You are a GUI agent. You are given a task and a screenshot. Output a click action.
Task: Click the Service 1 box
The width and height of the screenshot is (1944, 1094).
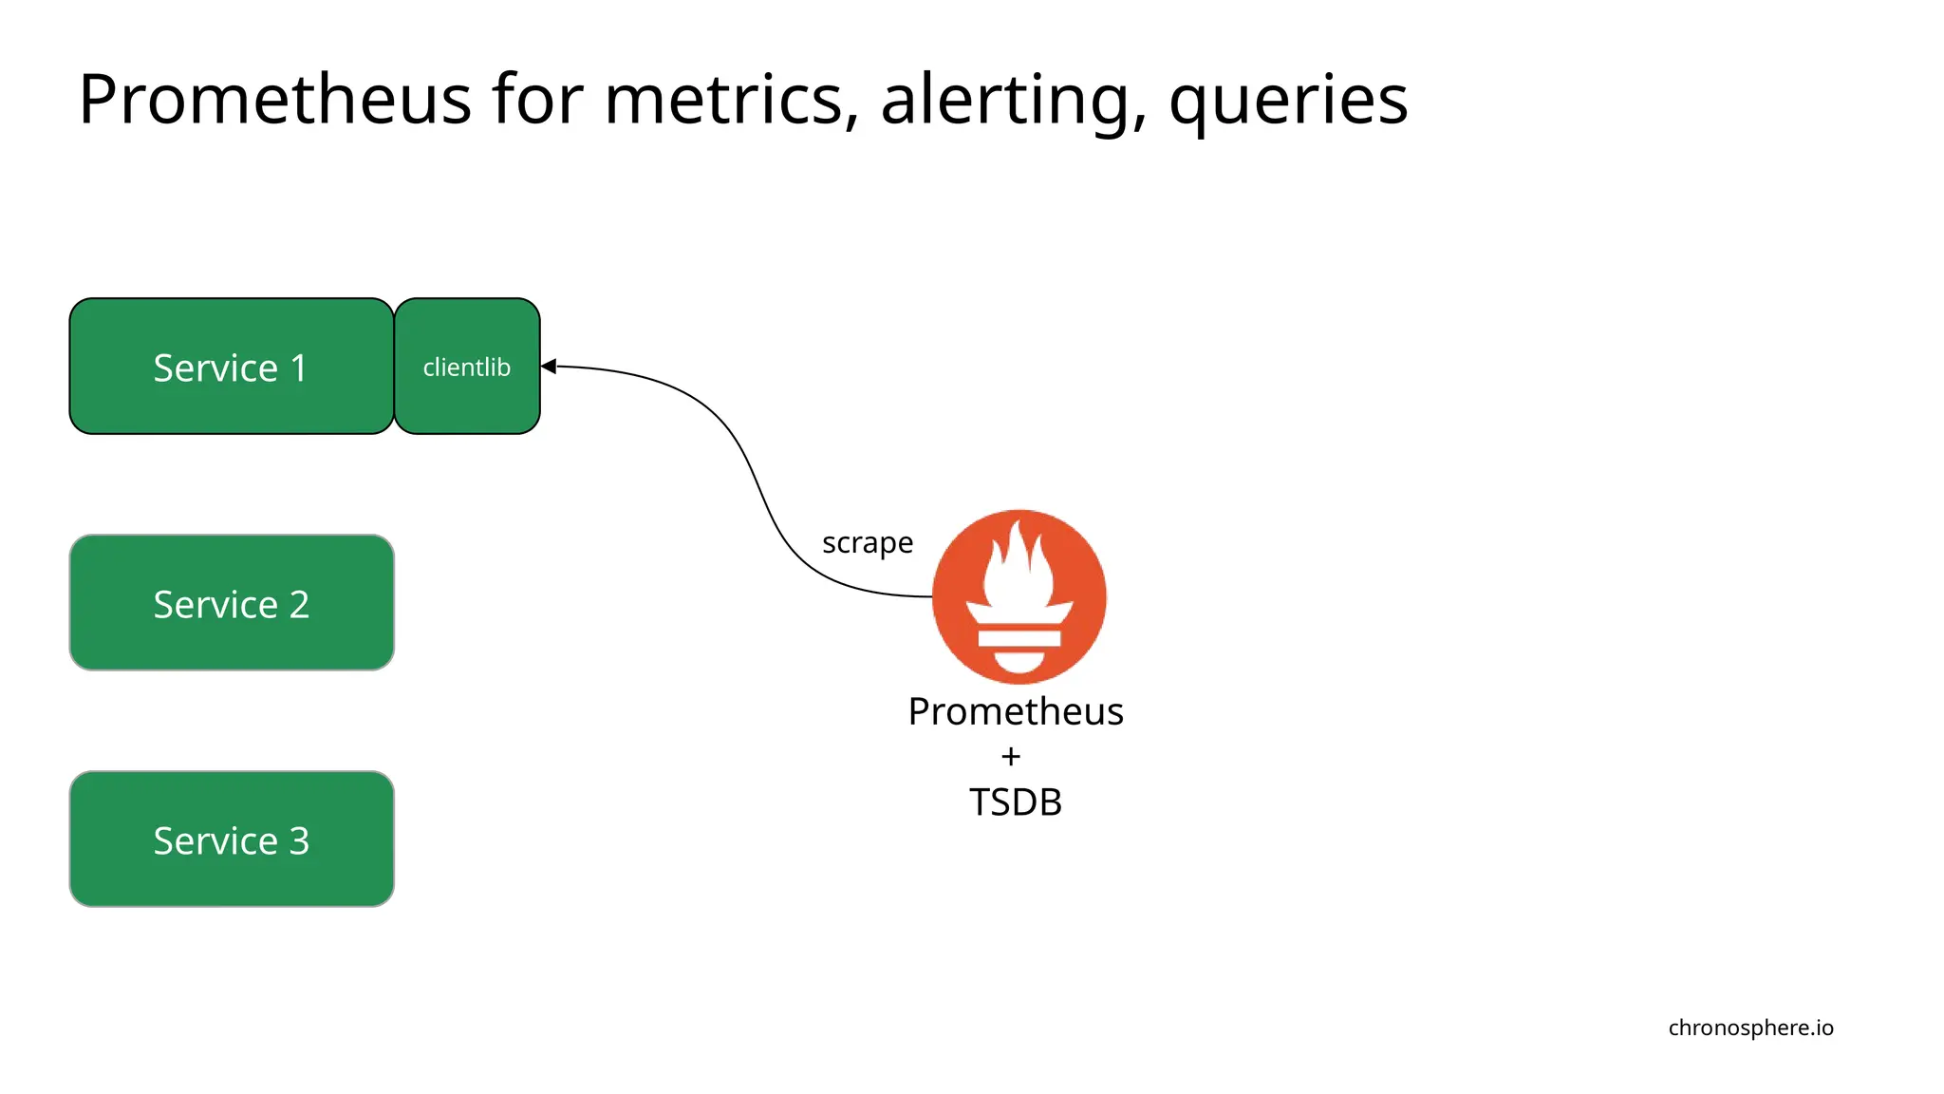pyautogui.click(x=231, y=367)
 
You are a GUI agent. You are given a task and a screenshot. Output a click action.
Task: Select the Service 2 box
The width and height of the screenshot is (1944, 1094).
pyautogui.click(x=231, y=603)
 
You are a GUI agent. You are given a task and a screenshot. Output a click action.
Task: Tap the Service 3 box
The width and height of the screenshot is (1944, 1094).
pyautogui.click(x=231, y=839)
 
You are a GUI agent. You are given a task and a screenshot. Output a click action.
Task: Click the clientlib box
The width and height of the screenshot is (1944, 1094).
pyautogui.click(x=466, y=367)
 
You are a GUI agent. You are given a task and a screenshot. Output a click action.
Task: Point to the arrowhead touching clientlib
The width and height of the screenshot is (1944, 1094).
pyautogui.click(x=548, y=367)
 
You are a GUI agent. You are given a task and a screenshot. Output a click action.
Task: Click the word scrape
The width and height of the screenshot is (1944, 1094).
pyautogui.click(x=867, y=543)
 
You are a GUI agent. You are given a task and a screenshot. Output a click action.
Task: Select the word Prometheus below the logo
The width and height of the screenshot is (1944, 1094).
pyautogui.click(x=1015, y=711)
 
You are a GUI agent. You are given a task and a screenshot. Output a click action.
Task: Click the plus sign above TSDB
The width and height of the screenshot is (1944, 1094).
pyautogui.click(x=1011, y=757)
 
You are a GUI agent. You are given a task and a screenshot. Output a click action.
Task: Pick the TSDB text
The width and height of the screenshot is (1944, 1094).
pyautogui.click(x=1015, y=802)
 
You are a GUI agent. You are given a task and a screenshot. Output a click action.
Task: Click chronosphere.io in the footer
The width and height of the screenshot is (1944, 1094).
pyautogui.click(x=1750, y=1028)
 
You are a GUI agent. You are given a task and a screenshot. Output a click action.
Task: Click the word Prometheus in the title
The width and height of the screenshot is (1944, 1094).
pyautogui.click(x=274, y=99)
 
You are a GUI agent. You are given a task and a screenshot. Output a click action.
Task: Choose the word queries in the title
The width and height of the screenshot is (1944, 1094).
pyautogui.click(x=1288, y=99)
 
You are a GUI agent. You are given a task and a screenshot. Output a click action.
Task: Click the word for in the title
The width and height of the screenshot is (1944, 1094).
pyautogui.click(x=537, y=99)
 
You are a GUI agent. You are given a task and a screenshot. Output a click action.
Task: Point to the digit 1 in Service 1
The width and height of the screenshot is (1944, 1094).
pyautogui.click(x=299, y=368)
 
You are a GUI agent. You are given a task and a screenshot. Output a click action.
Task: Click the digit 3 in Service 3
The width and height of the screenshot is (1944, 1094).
pyautogui.click(x=299, y=840)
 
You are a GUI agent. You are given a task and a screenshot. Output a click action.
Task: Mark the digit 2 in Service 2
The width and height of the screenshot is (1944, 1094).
pyautogui.click(x=299, y=604)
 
